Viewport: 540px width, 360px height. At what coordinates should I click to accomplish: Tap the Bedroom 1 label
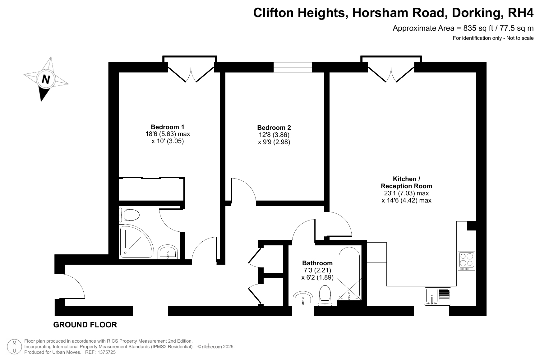point(167,127)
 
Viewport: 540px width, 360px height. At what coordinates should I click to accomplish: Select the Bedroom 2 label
point(274,128)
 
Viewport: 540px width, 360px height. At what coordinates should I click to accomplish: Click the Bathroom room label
point(317,263)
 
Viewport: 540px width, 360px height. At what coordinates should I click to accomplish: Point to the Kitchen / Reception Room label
point(406,182)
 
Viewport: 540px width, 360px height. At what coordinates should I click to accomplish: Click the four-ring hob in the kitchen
point(466,261)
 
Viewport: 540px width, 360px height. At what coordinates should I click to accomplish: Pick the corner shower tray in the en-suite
point(136,242)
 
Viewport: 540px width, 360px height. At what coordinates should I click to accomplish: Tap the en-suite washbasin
point(168,252)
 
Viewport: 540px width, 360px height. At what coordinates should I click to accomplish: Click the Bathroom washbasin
point(303,299)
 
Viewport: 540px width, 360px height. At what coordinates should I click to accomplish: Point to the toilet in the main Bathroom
point(325,295)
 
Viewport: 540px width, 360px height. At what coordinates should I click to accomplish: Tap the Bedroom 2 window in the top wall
point(293,67)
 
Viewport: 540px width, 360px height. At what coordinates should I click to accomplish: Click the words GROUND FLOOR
point(85,325)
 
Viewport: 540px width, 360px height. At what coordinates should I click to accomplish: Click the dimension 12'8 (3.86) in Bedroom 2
point(274,135)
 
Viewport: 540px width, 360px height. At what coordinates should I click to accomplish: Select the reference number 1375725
point(107,352)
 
